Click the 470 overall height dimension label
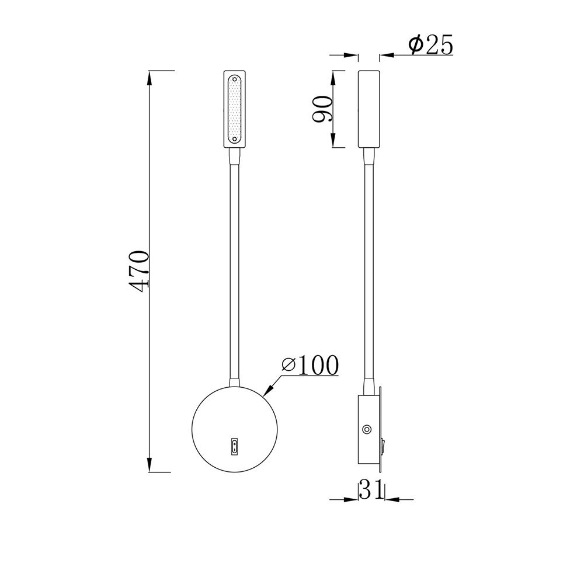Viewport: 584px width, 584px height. point(138,271)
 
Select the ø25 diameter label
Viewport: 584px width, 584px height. point(430,45)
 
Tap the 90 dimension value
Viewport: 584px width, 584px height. point(322,109)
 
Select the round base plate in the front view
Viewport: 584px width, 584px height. point(235,429)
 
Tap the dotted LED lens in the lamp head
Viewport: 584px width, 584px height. point(235,109)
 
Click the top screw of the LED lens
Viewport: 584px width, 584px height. point(235,79)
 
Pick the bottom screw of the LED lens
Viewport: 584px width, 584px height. point(235,139)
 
